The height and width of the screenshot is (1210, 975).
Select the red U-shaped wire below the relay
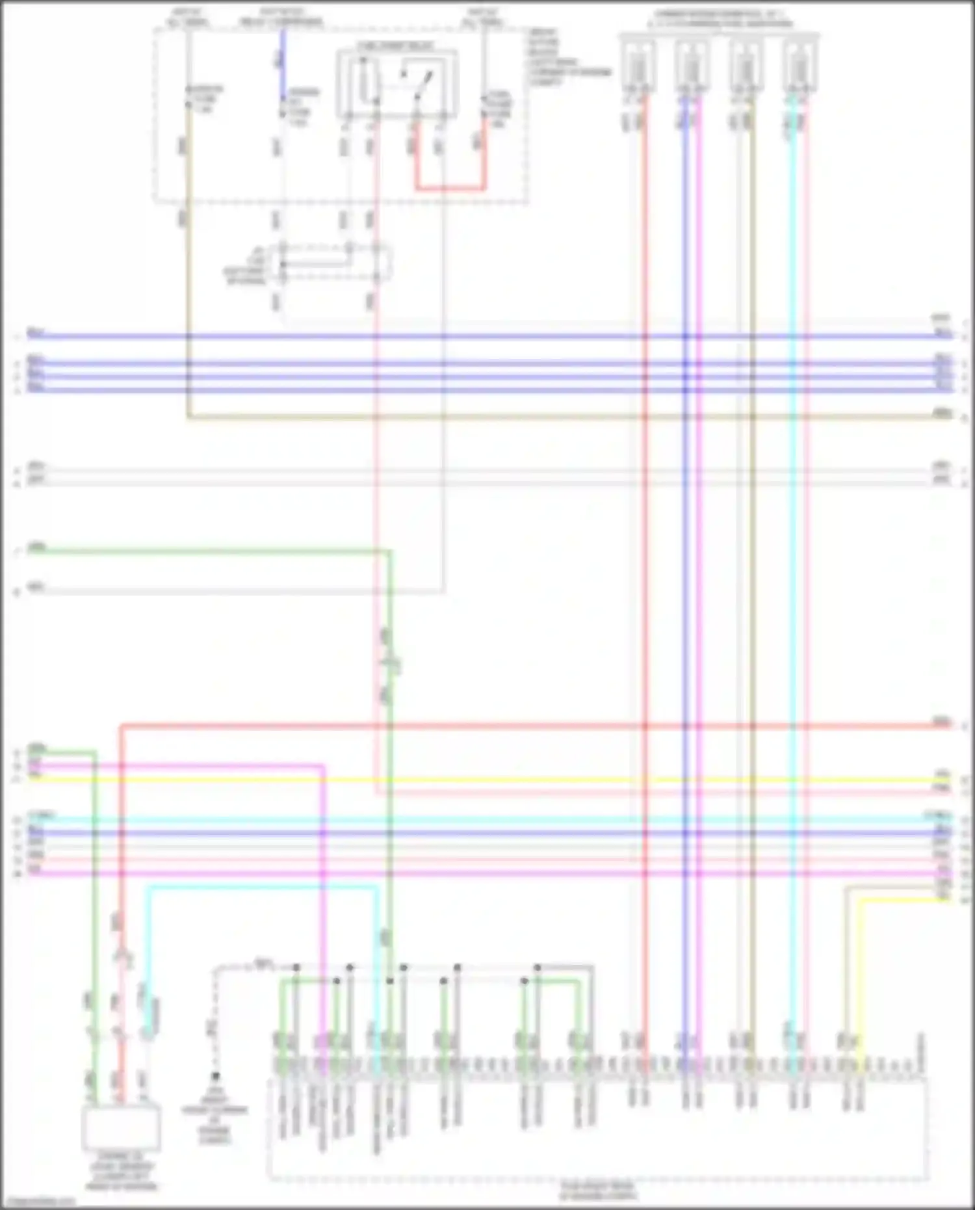tap(450, 189)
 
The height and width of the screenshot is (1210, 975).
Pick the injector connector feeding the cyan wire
tap(799, 65)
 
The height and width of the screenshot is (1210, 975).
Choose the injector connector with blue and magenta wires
tap(692, 65)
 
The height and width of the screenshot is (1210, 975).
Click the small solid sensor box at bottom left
tap(121, 1129)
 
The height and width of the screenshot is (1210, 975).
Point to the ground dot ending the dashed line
tap(215, 1077)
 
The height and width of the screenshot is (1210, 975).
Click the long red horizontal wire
tap(533, 725)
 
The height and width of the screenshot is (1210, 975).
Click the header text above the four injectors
tap(719, 19)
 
